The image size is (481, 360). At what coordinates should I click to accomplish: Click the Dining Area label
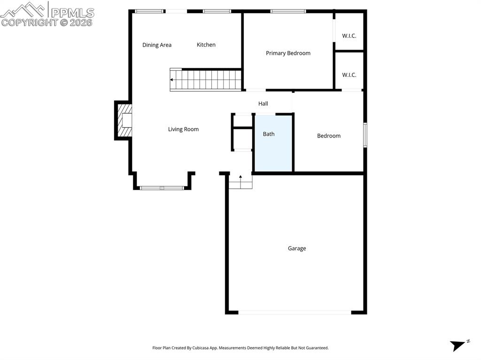coord(157,45)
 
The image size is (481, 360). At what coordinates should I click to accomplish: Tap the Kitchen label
coord(206,45)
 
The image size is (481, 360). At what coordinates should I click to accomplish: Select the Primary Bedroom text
coord(288,53)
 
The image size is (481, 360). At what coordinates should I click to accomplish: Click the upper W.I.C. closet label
coord(349,35)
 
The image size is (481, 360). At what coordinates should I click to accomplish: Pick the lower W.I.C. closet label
coord(349,75)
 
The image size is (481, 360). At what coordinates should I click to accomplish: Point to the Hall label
coord(263,103)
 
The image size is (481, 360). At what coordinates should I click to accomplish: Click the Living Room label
coord(183,129)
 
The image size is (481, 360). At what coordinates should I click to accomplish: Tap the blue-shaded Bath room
coord(273,143)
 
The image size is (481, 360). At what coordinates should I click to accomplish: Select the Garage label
coord(297,248)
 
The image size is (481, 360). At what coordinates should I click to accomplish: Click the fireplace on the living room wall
coord(124,120)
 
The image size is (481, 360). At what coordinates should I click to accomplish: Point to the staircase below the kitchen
coord(207,79)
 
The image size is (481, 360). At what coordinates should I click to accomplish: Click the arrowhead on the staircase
coord(172,79)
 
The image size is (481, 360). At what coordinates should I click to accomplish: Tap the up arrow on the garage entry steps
coord(240,177)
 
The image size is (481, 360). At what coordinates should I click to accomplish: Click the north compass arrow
coord(457,345)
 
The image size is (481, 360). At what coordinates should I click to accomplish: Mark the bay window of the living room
coord(162,188)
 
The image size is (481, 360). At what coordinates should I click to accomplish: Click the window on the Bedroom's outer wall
coord(365,135)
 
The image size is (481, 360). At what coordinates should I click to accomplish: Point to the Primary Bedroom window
coord(288,11)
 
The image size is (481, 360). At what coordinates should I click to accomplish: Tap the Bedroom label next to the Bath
coord(329,136)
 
